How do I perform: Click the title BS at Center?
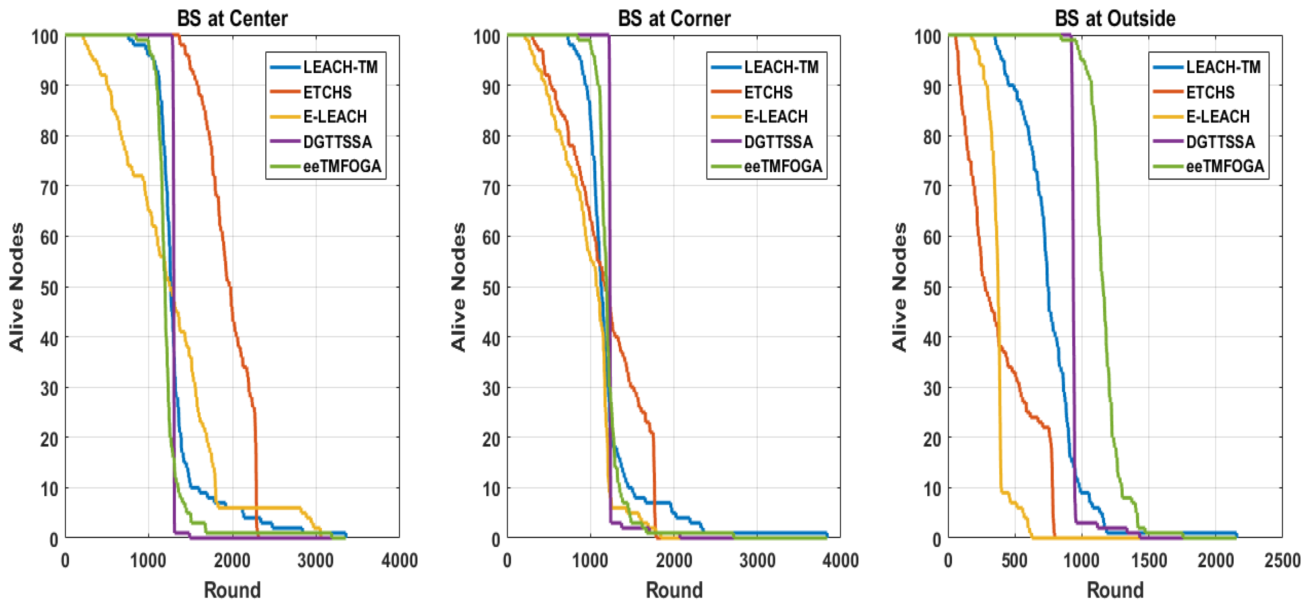point(232,19)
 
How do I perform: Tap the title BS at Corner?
point(674,19)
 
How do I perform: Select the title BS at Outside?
point(1115,19)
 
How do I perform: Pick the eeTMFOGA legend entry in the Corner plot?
point(783,166)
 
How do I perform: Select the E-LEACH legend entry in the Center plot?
point(335,117)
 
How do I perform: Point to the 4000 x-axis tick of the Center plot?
point(400,561)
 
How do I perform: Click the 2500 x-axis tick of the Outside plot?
point(1282,561)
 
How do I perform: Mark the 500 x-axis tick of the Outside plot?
point(1014,561)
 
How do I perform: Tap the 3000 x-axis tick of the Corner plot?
point(757,561)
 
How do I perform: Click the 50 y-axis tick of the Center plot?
point(49,288)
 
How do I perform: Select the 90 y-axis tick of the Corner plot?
point(491,87)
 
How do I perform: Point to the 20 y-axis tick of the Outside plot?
point(932,438)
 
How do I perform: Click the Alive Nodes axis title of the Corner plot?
point(458,287)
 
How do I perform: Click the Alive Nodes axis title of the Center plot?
point(17,287)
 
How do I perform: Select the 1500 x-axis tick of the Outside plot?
point(1148,561)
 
